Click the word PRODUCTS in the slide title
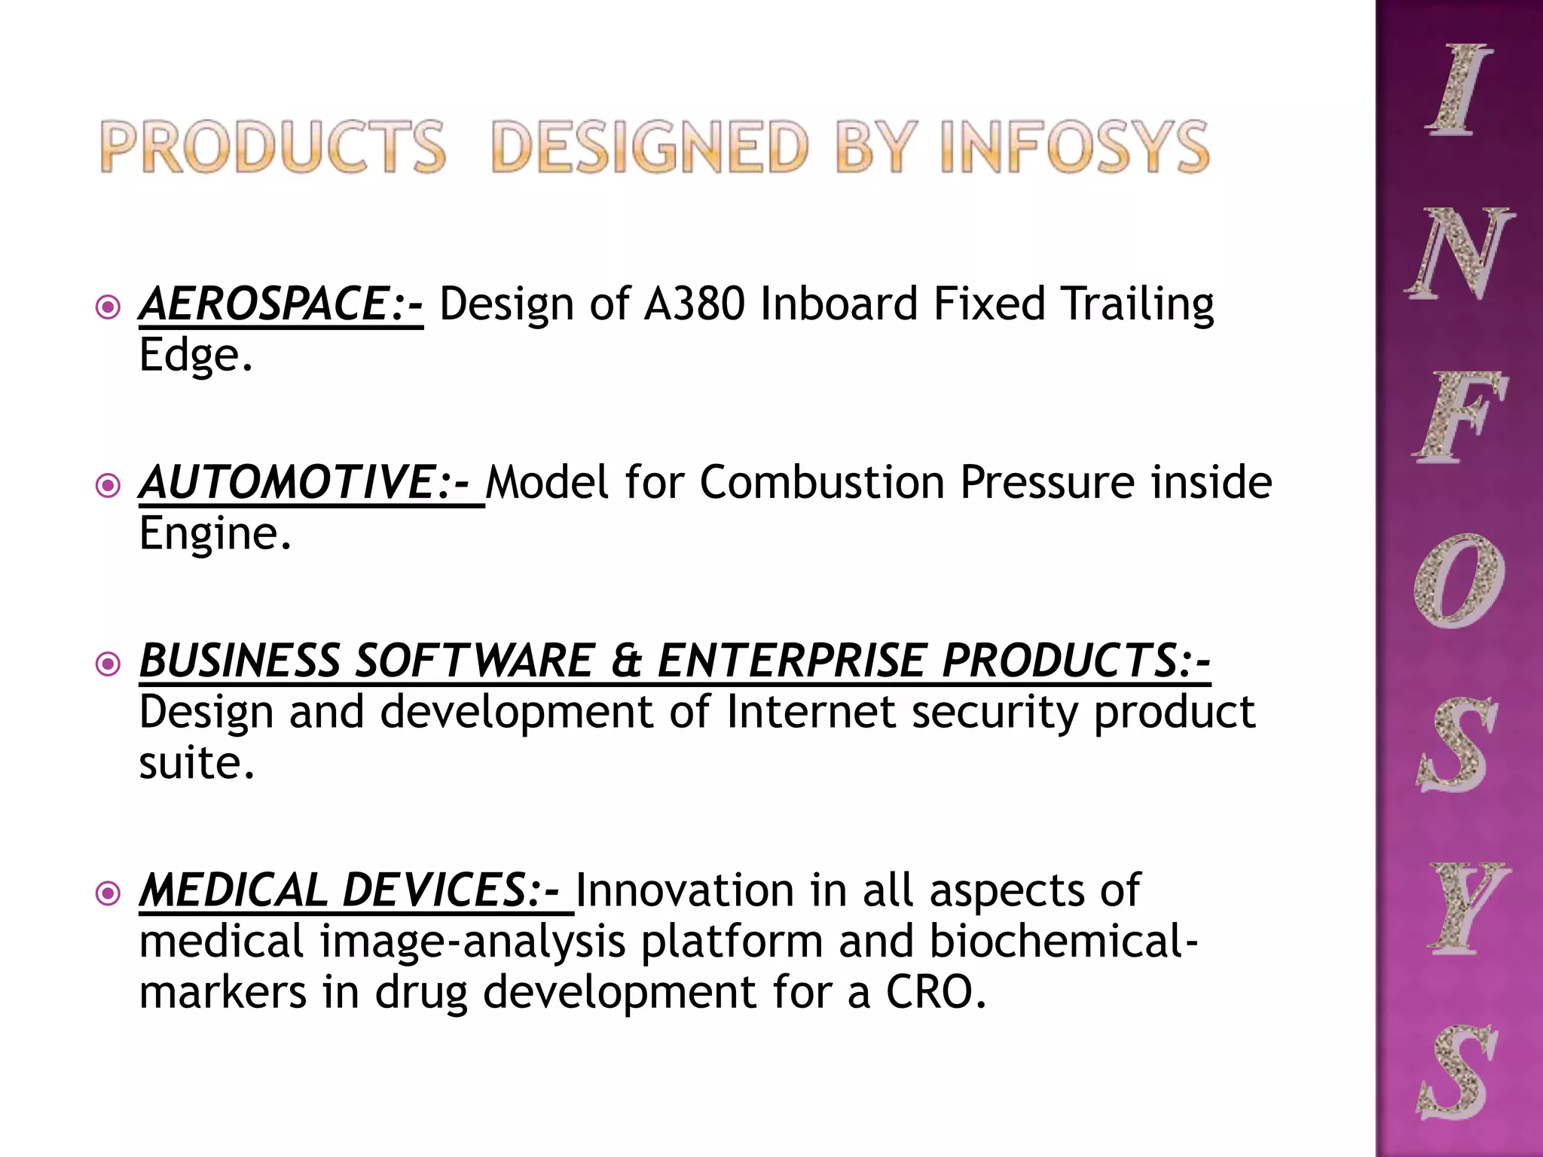point(273,147)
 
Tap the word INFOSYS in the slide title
point(1074,147)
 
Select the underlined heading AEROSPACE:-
point(280,304)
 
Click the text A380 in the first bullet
point(694,304)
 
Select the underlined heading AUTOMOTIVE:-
point(310,483)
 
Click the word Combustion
point(821,483)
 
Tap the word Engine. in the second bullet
point(215,534)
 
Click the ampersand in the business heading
point(625,661)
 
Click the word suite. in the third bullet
point(197,763)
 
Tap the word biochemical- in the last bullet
point(1062,942)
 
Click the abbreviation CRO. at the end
point(935,993)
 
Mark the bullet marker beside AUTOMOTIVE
point(109,486)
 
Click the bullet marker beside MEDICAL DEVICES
point(109,894)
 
